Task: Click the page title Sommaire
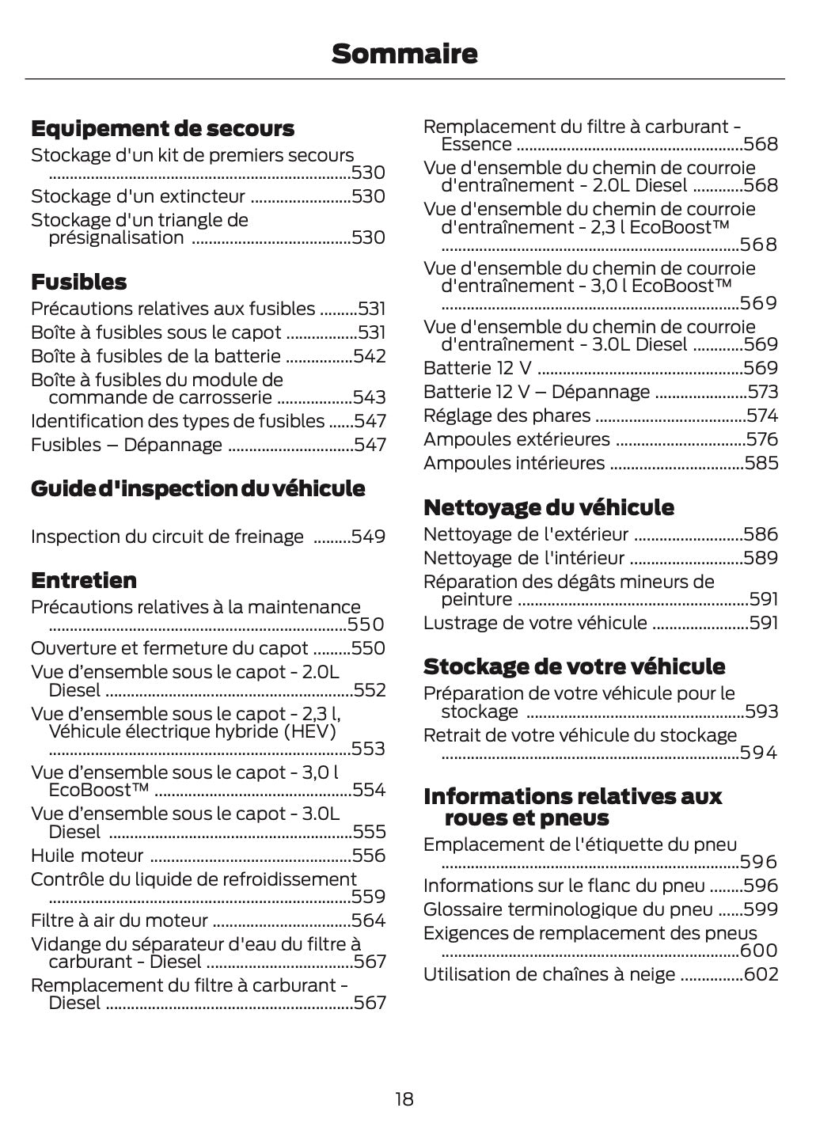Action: click(404, 54)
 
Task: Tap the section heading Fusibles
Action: click(78, 282)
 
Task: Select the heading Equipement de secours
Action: click(162, 128)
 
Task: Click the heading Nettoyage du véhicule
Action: click(548, 507)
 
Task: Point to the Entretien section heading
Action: click(83, 580)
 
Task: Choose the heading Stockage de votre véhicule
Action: click(574, 666)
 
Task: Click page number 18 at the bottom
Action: click(404, 1099)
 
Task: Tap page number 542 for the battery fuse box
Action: click(370, 356)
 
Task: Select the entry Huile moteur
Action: click(87, 856)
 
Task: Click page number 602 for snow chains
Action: click(761, 974)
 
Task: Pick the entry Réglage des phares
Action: click(507, 416)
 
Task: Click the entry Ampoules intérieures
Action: click(514, 463)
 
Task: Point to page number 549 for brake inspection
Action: click(368, 537)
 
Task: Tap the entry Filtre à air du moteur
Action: click(119, 920)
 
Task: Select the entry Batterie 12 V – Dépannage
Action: click(536, 392)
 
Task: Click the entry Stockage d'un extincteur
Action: click(138, 196)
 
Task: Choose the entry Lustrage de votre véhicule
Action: click(535, 623)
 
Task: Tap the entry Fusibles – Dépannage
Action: click(127, 445)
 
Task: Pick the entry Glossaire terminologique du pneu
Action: click(567, 909)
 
